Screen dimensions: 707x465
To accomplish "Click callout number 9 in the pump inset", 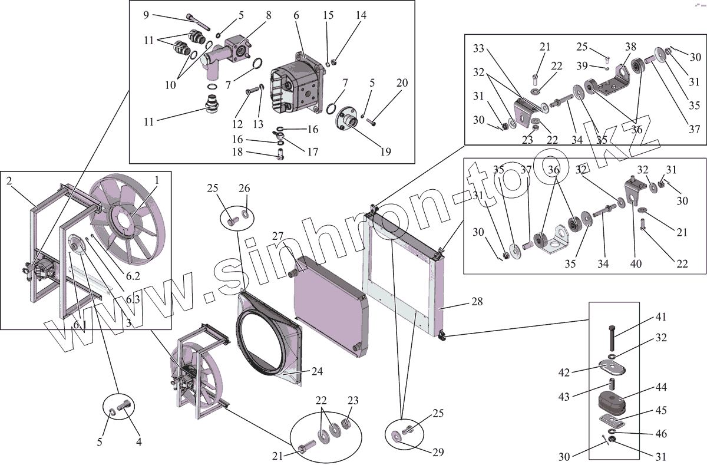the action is pyautogui.click(x=146, y=15).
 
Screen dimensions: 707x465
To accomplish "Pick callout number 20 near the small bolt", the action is pyautogui.click(x=402, y=83).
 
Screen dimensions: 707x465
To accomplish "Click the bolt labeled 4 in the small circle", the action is pyautogui.click(x=125, y=405).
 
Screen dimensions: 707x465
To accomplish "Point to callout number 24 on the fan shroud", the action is pyautogui.click(x=317, y=372).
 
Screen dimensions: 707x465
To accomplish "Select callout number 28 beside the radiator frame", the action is pyautogui.click(x=477, y=302).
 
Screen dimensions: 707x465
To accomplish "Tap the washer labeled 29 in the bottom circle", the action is pyautogui.click(x=395, y=436).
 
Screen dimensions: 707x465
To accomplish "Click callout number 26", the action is pyautogui.click(x=244, y=189).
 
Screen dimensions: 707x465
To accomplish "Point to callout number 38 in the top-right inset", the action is pyautogui.click(x=630, y=45).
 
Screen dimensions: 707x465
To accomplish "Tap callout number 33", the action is pyautogui.click(x=478, y=47).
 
